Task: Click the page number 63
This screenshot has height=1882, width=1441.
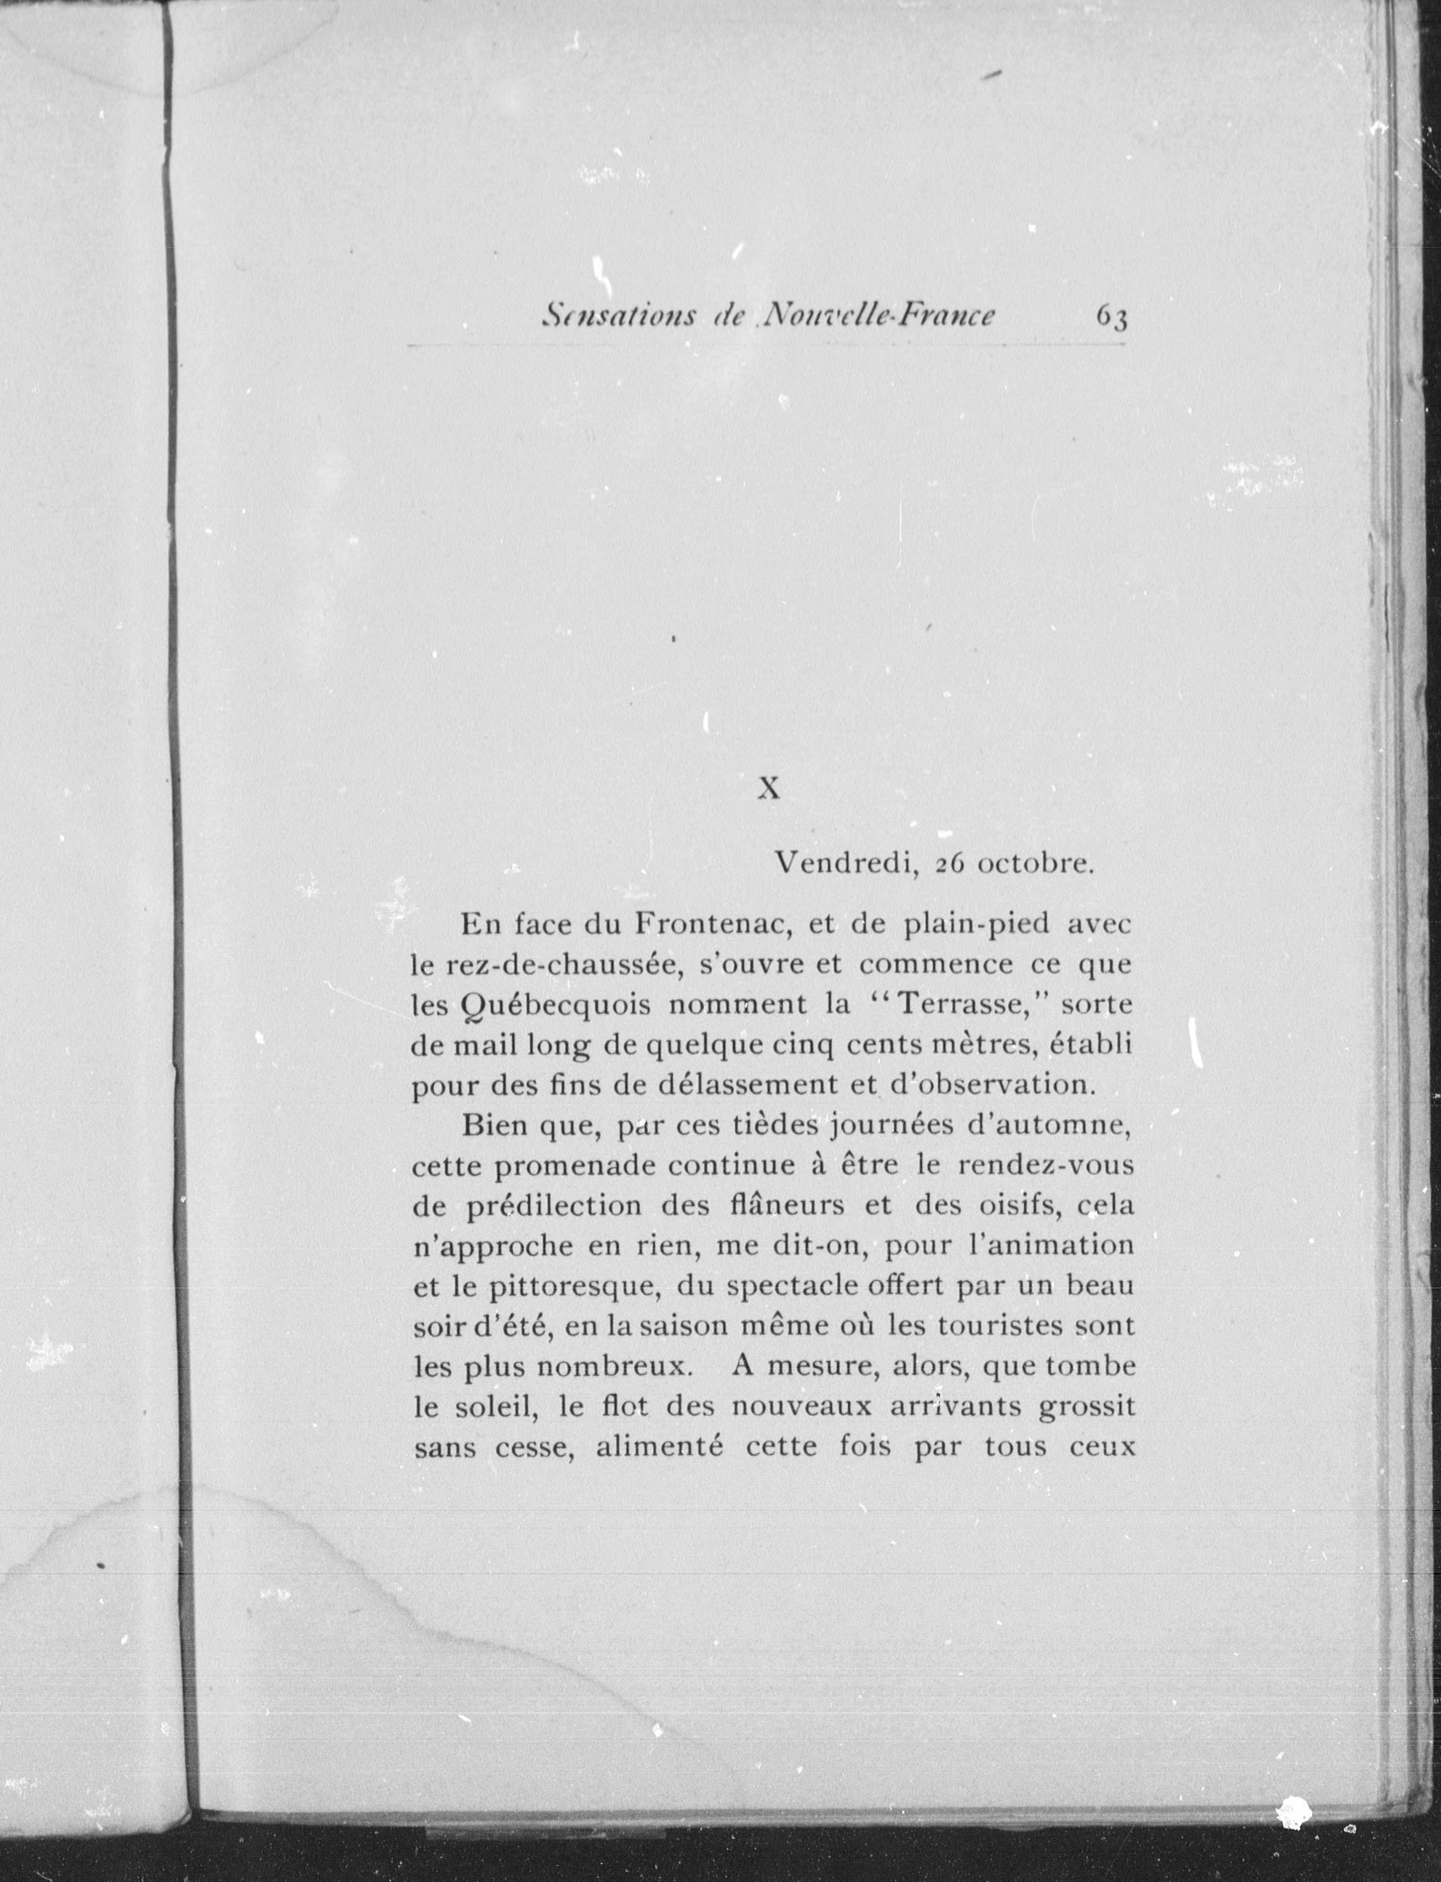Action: [1111, 318]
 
